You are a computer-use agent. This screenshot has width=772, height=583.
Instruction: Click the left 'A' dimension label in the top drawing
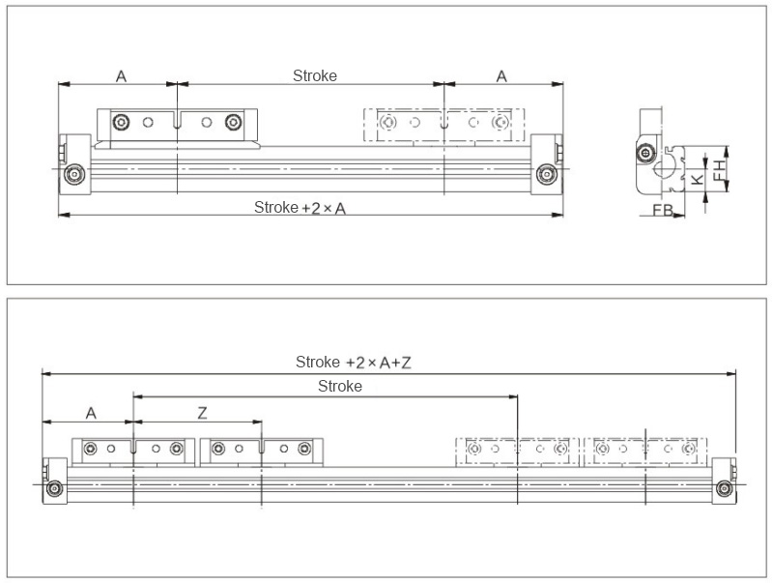(121, 76)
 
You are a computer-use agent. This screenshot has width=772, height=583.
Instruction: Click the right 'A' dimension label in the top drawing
(501, 76)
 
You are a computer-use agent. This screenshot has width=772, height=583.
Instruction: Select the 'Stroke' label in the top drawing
(315, 75)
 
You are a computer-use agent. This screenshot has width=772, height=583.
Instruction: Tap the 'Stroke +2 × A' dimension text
(300, 207)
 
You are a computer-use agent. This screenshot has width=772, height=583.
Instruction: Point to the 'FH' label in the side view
(719, 170)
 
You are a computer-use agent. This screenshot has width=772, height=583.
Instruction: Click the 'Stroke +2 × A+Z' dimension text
(354, 363)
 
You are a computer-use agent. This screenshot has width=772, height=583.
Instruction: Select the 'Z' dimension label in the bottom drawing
(202, 413)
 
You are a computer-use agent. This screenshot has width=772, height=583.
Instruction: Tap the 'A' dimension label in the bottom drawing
(91, 413)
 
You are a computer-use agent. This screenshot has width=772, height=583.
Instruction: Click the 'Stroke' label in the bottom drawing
(340, 386)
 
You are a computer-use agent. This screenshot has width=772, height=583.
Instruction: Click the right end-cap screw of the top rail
(548, 175)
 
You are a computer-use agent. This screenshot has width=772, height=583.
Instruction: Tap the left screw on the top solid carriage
(120, 123)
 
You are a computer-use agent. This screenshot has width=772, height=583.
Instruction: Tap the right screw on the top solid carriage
(233, 123)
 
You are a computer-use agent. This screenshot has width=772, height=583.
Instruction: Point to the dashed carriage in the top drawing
(443, 125)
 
